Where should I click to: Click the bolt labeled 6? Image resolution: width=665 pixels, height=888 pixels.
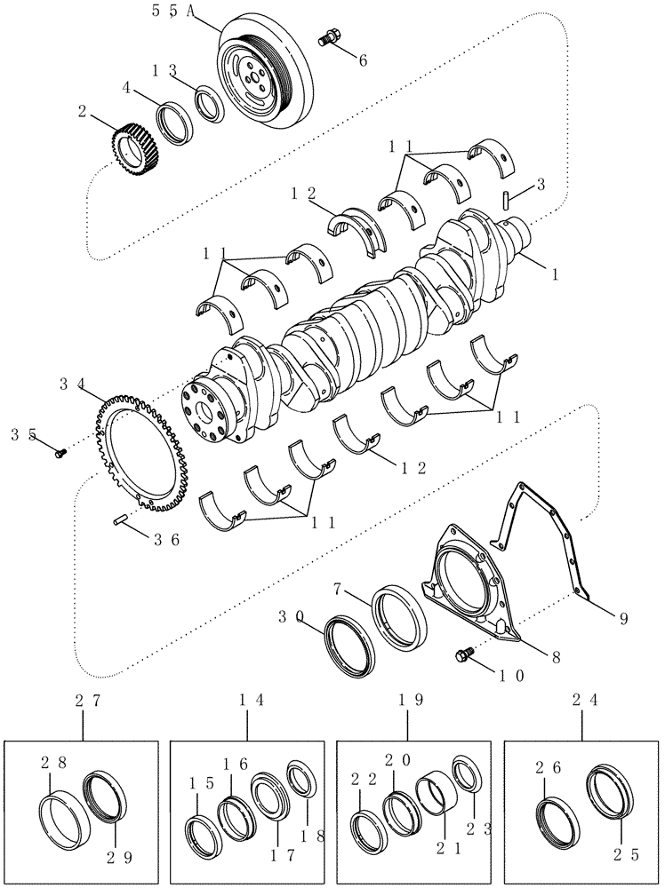(x=329, y=39)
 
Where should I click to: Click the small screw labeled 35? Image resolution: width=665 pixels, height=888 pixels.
(x=60, y=453)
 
